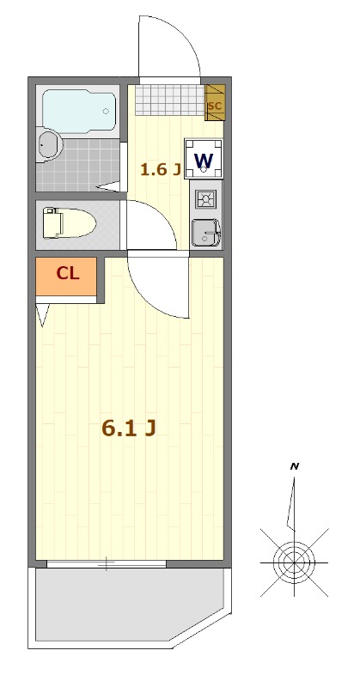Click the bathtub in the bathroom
(x=79, y=111)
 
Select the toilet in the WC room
(x=70, y=223)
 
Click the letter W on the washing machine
(x=204, y=161)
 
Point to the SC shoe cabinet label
(x=215, y=106)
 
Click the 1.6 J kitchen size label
(x=161, y=169)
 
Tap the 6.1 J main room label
(x=129, y=429)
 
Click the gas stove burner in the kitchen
(x=205, y=200)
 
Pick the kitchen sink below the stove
(x=206, y=232)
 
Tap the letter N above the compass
(x=294, y=466)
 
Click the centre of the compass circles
(x=294, y=562)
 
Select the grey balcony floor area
(x=127, y=605)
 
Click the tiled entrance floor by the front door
(x=170, y=100)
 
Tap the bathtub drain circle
(x=106, y=112)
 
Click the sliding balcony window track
(x=107, y=564)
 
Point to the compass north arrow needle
(x=291, y=504)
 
